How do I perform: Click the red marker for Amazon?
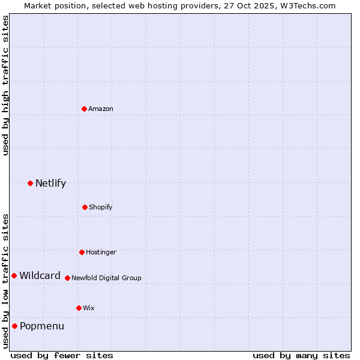click(85, 109)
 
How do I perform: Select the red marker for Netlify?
click(30, 183)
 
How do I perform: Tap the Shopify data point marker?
click(85, 207)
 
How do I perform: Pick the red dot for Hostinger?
click(82, 252)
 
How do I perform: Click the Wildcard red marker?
click(14, 275)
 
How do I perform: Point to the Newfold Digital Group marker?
click(67, 278)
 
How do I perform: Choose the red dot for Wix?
click(79, 308)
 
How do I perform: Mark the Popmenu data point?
click(14, 326)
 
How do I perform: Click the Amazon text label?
click(101, 109)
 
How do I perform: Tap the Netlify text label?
click(50, 184)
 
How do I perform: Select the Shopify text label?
click(101, 207)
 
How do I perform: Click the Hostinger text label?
click(101, 252)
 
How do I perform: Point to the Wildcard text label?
click(40, 276)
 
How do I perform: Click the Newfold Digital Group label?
click(106, 278)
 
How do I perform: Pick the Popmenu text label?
click(42, 326)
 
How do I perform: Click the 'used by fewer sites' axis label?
click(62, 355)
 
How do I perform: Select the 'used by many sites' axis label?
click(301, 355)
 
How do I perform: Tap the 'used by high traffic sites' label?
click(5, 85)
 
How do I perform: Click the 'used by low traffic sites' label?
click(5, 281)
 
